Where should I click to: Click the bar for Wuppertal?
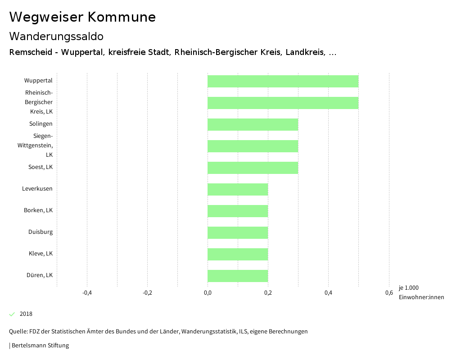(283, 81)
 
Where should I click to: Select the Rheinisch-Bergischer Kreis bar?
(283, 103)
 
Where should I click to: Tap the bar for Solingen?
(253, 124)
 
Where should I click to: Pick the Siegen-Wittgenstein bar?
(253, 146)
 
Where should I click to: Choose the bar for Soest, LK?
(253, 168)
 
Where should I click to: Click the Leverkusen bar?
(238, 189)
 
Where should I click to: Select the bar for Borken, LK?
(238, 211)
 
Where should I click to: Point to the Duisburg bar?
(238, 232)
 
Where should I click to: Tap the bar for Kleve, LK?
(238, 254)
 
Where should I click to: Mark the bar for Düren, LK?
(238, 276)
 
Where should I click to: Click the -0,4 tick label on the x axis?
(87, 293)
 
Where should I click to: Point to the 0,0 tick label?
(208, 293)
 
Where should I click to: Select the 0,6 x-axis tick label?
(389, 293)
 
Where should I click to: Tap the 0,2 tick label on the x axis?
(268, 293)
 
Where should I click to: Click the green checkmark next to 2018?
(12, 314)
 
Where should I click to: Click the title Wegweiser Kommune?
(82, 17)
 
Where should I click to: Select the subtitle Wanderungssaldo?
(56, 36)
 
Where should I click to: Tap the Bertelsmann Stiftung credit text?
(39, 346)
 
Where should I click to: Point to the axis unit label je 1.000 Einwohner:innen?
(421, 292)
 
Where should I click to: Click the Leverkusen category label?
(37, 189)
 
